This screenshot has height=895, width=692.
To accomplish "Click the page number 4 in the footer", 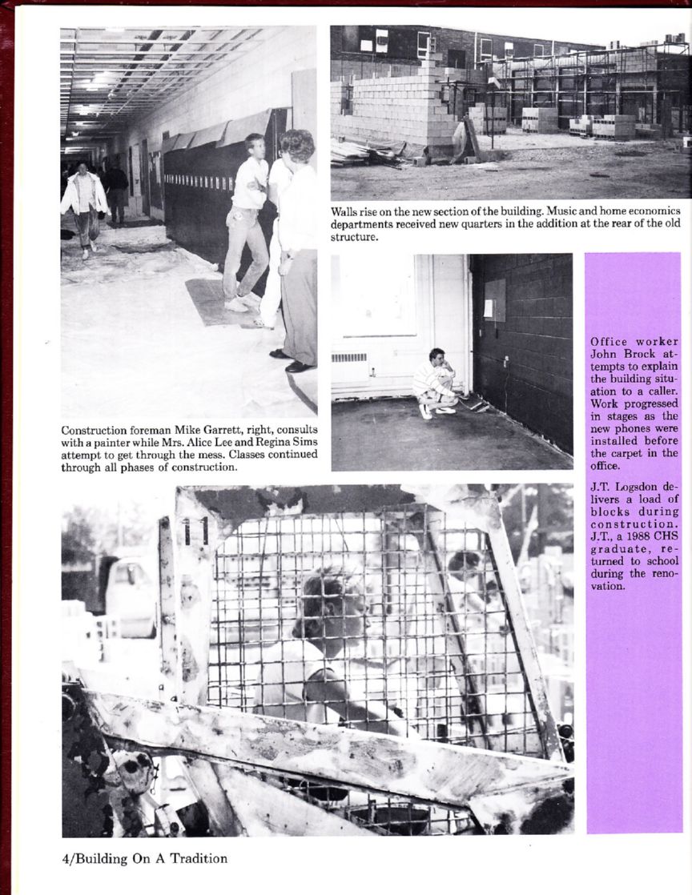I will tap(65, 859).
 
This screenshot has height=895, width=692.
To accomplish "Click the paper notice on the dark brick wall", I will tap(495, 300).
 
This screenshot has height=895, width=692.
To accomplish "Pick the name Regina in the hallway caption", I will tap(269, 442).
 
